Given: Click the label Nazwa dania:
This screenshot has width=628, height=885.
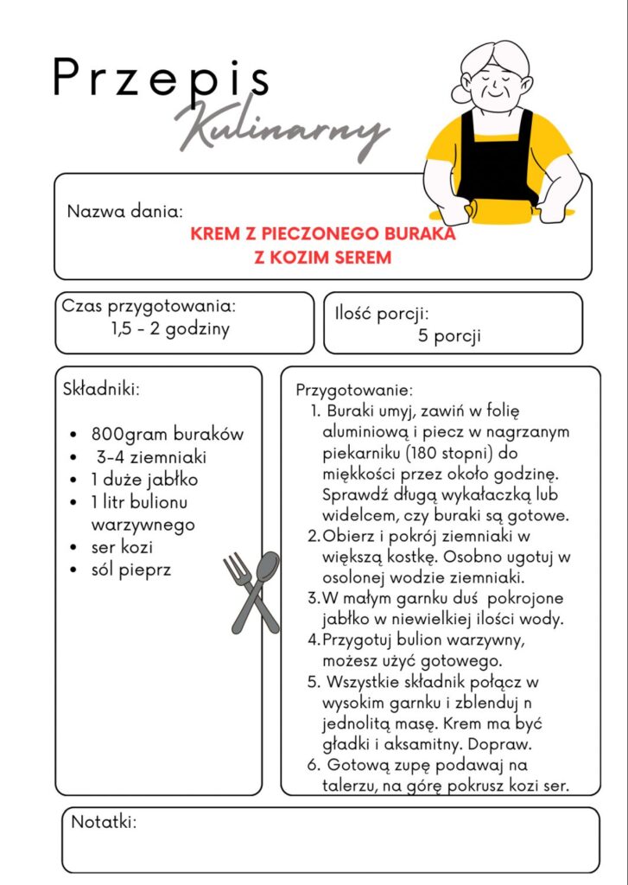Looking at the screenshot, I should tap(124, 211).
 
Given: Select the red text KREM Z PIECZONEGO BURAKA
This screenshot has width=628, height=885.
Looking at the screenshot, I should tap(322, 234).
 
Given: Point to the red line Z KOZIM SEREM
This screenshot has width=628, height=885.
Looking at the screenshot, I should tap(322, 258).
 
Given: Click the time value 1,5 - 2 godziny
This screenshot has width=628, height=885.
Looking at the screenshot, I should tap(170, 329).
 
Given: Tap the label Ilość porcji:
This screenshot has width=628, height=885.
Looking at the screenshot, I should tap(382, 314).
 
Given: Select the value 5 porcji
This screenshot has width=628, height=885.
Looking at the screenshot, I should tap(449, 336).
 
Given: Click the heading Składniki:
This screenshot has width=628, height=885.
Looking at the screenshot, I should tap(101, 388).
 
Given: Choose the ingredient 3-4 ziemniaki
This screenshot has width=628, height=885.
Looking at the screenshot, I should tap(151, 456).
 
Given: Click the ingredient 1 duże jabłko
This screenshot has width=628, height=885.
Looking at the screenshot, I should tap(145, 479).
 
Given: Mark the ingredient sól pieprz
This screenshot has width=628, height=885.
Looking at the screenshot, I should tap(131, 570).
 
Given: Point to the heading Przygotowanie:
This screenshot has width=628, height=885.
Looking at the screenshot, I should tap(354, 390).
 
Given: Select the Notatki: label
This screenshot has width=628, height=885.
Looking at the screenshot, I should tap(104, 821).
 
